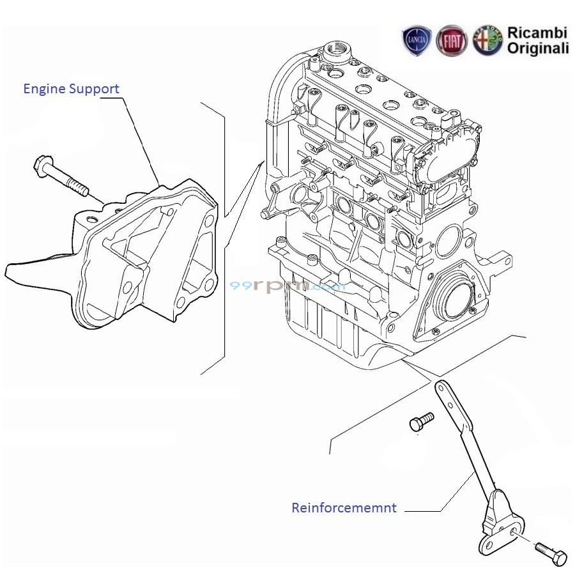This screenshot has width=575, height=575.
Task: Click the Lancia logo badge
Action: [417, 40]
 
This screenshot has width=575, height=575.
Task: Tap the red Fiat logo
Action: [452, 40]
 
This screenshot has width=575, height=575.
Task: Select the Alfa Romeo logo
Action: [487, 40]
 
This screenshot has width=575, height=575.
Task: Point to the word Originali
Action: [537, 48]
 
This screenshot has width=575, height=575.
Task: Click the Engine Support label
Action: [71, 89]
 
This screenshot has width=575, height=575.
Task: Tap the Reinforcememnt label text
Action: [344, 508]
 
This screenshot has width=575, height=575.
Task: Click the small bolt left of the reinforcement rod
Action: [421, 421]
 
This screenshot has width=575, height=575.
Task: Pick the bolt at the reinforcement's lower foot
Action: [551, 553]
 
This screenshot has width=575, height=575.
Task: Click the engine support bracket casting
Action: [147, 256]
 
